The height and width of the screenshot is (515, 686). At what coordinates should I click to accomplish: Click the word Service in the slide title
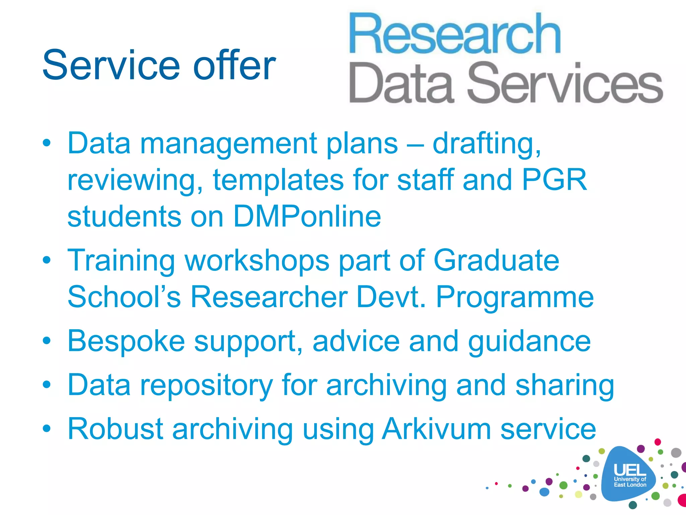[x=111, y=65]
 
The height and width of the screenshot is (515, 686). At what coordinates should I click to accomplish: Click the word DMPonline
[x=307, y=216]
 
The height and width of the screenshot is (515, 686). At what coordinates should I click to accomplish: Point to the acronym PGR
[x=554, y=180]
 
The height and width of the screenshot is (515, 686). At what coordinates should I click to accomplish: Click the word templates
[x=278, y=180]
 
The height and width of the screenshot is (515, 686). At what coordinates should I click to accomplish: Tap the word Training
[x=121, y=261]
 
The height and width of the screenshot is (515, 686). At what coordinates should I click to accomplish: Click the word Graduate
[x=496, y=260]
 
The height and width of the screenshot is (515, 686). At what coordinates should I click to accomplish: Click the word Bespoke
[x=126, y=341]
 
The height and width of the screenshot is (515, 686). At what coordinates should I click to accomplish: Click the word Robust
[x=115, y=429]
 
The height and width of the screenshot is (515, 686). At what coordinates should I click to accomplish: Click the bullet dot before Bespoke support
[x=47, y=341]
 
